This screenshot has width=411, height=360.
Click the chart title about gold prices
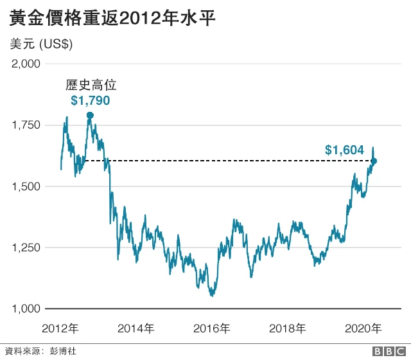[x=112, y=17]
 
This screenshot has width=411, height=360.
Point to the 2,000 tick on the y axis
[x=26, y=64]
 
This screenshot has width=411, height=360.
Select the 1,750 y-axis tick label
[x=26, y=125]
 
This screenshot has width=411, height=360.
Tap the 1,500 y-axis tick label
[x=26, y=186]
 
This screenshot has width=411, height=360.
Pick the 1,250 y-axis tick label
[x=26, y=248]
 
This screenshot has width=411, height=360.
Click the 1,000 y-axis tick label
[x=26, y=309]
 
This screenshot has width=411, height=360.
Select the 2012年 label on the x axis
[x=60, y=328]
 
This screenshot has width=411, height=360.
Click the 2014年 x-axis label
[x=136, y=328]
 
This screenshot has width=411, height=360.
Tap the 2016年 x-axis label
[x=211, y=328]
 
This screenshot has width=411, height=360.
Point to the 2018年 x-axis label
[x=287, y=328]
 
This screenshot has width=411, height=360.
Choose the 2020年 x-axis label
[x=363, y=328]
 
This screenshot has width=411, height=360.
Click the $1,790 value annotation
[x=90, y=100]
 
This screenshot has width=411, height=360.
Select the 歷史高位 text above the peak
[x=90, y=85]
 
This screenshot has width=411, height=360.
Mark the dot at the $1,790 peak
[x=90, y=115]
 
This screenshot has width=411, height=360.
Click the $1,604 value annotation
[x=344, y=150]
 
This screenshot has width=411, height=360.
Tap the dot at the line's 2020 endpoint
[x=374, y=161]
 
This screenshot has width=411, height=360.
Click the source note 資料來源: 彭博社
[x=40, y=351]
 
